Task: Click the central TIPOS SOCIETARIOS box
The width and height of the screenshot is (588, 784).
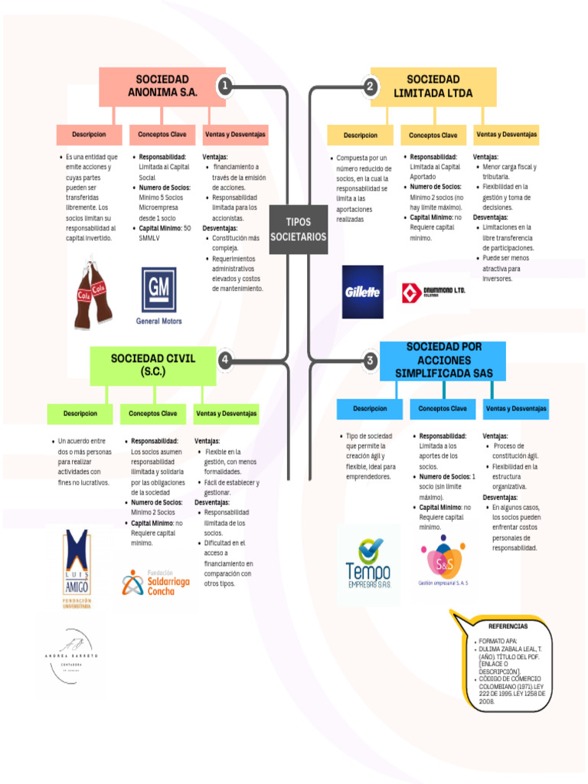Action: (299, 229)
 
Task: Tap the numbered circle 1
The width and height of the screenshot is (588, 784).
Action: (224, 87)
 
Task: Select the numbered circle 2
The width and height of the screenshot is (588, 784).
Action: (370, 87)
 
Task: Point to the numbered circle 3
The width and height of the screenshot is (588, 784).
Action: (371, 360)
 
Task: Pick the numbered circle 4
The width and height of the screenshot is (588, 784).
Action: (225, 360)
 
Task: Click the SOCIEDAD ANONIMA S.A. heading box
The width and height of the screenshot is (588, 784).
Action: (162, 86)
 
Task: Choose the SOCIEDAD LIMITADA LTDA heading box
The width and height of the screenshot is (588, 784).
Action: (433, 87)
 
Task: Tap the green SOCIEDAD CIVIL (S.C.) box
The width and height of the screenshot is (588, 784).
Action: (153, 364)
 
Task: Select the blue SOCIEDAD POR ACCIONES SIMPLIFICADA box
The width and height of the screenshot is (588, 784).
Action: (444, 360)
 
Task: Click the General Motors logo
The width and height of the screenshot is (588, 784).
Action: (158, 296)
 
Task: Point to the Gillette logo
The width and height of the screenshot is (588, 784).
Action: (363, 292)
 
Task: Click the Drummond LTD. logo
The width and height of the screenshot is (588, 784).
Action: (433, 292)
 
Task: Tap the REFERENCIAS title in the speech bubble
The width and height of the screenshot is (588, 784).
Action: (508, 626)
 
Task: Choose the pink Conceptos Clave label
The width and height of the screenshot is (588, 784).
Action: (162, 135)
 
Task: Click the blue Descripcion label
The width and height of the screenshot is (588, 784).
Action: (371, 409)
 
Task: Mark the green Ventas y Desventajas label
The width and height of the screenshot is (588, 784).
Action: (227, 413)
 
